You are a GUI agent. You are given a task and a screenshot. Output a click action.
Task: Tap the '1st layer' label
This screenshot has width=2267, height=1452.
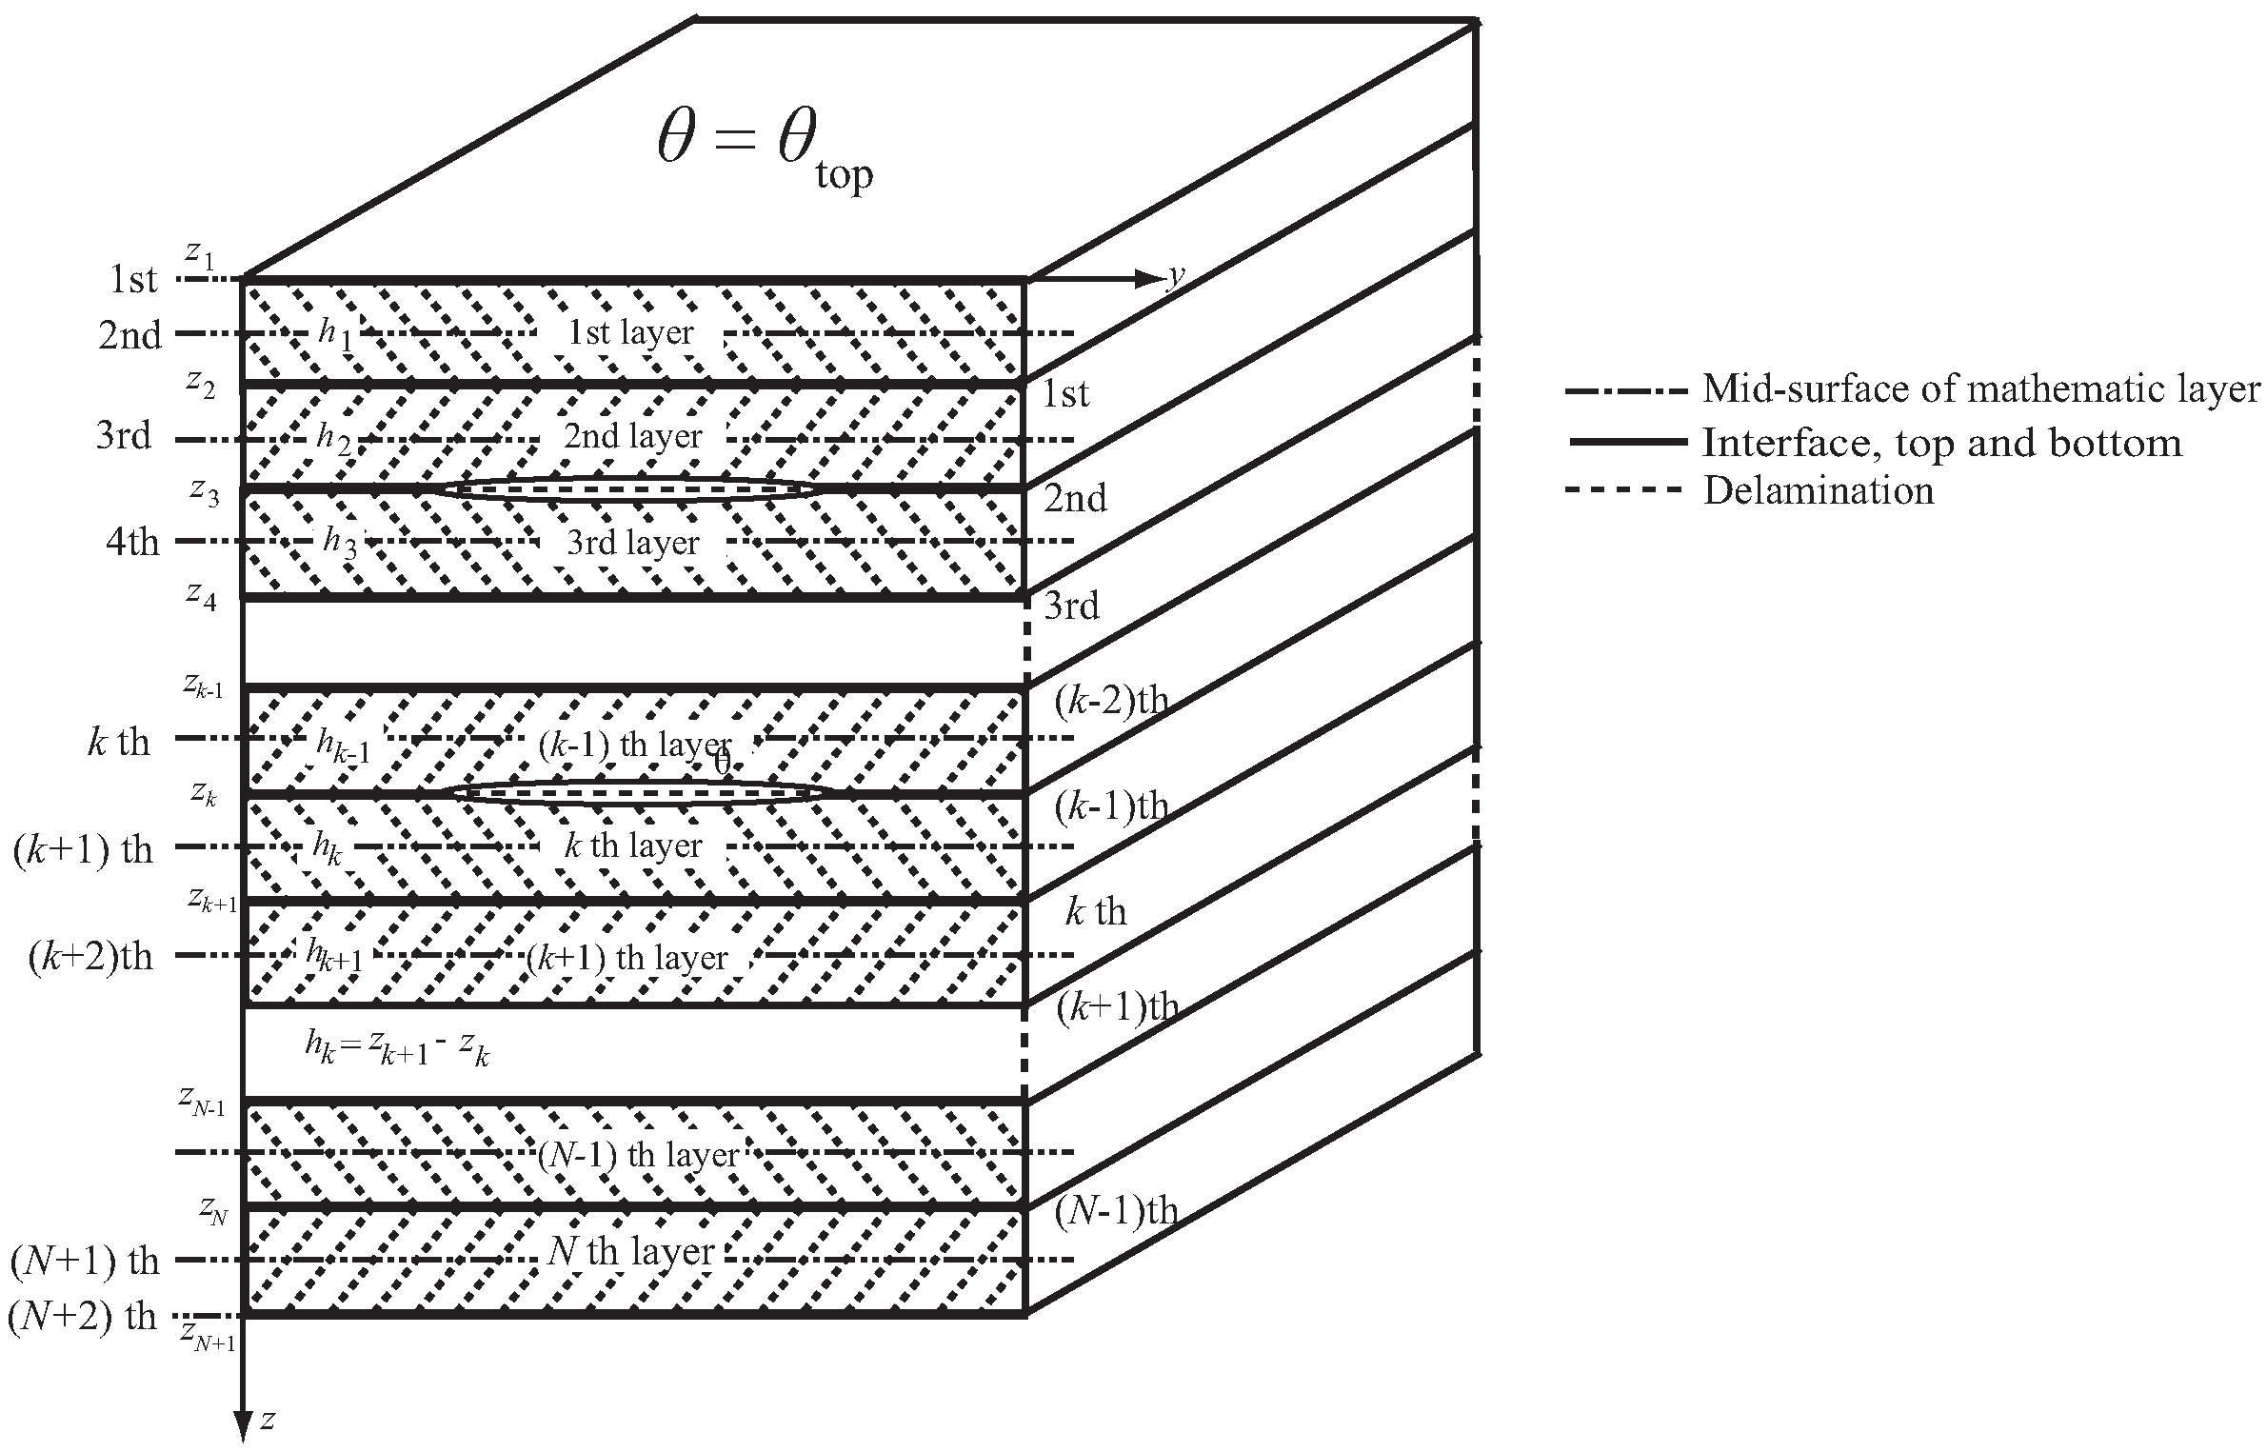tap(630, 332)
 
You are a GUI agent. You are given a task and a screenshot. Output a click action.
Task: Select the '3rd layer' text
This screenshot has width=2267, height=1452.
tap(632, 543)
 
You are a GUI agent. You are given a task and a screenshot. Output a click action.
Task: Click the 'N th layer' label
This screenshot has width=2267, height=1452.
tap(631, 1250)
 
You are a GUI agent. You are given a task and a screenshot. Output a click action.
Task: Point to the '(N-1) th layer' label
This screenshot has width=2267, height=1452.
tap(638, 1154)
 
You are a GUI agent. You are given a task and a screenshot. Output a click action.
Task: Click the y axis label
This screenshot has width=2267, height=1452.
tap(1177, 276)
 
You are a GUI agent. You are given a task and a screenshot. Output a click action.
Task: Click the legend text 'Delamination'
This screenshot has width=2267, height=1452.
tap(1818, 490)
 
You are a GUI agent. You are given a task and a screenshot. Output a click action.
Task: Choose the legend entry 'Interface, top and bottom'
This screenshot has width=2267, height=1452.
tap(1941, 442)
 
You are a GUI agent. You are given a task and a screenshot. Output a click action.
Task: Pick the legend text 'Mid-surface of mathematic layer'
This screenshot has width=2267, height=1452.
tap(1980, 388)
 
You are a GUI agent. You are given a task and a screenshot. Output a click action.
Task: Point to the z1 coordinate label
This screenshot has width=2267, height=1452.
tap(199, 253)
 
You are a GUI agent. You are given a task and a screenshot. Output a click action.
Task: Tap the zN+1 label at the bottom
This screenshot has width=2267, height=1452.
tap(208, 1336)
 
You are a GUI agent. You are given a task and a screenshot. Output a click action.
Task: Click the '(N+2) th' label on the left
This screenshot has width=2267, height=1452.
tap(82, 1316)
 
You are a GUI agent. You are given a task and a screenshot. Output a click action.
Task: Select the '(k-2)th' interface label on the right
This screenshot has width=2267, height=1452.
tap(1111, 700)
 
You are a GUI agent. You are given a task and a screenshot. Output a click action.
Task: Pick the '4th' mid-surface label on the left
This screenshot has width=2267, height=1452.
tap(132, 542)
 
